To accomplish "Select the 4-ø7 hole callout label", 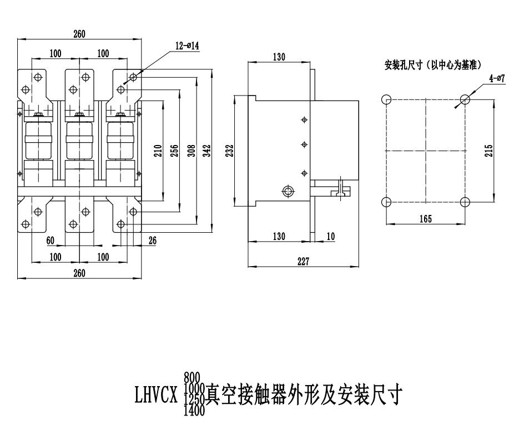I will click(496, 79).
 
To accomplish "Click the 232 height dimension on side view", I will click(230, 151).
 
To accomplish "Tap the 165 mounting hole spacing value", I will click(425, 219).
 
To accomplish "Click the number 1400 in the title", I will click(194, 411).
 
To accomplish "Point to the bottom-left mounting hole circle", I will click(387, 202).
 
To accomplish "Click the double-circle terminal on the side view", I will click(288, 192).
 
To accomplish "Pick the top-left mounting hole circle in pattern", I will click(387, 99).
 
